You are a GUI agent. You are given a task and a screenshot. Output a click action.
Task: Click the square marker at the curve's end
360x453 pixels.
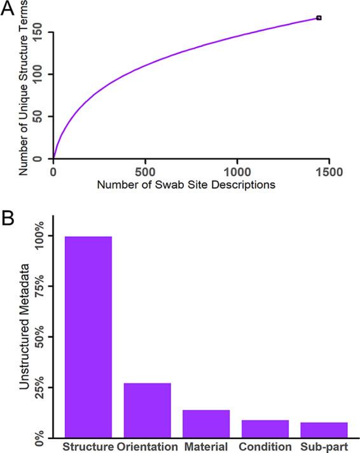(319, 18)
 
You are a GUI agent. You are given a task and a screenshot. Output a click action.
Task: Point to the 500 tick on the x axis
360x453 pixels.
(146, 171)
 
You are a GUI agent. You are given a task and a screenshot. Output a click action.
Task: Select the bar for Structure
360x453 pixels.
(88, 336)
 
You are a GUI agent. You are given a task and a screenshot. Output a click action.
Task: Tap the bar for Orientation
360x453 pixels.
(147, 410)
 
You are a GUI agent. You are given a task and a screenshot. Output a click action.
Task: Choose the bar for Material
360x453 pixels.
(206, 423)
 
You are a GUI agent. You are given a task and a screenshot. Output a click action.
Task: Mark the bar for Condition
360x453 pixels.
(265, 428)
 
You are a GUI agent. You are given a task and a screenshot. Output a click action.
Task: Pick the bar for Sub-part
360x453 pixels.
(324, 429)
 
